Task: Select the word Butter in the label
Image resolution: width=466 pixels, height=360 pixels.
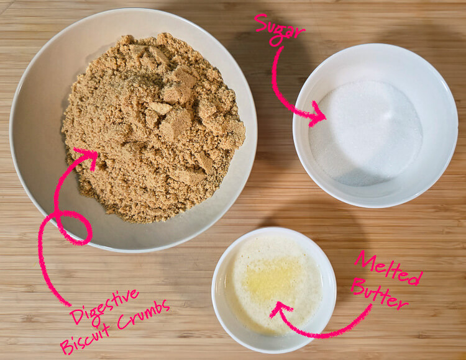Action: [380, 295]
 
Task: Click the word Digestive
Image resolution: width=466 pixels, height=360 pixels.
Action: [103, 306]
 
